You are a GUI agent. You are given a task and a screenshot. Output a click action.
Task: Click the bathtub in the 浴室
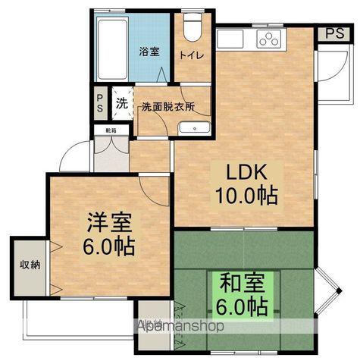click(x=113, y=50)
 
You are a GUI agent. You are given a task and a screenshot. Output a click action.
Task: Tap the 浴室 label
click(x=149, y=52)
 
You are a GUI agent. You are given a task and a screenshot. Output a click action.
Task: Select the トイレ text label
click(x=190, y=54)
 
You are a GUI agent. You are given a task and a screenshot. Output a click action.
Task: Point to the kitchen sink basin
click(x=230, y=39)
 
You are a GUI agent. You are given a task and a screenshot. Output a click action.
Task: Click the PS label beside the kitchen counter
click(x=334, y=33)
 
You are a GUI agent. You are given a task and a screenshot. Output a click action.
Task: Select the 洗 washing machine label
click(x=121, y=103)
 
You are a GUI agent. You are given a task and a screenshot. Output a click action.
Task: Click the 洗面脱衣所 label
click(x=167, y=106)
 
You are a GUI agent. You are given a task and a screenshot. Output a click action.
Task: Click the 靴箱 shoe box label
click(x=111, y=130)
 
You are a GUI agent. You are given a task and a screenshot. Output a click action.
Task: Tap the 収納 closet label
click(x=30, y=265)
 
